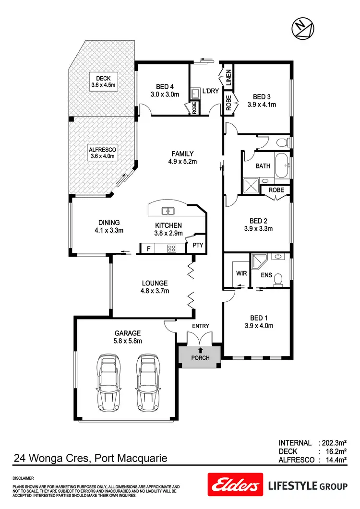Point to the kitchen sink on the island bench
(x=168, y=210)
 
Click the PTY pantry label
(x=198, y=245)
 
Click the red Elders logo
(x=235, y=485)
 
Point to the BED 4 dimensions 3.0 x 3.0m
(x=165, y=95)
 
